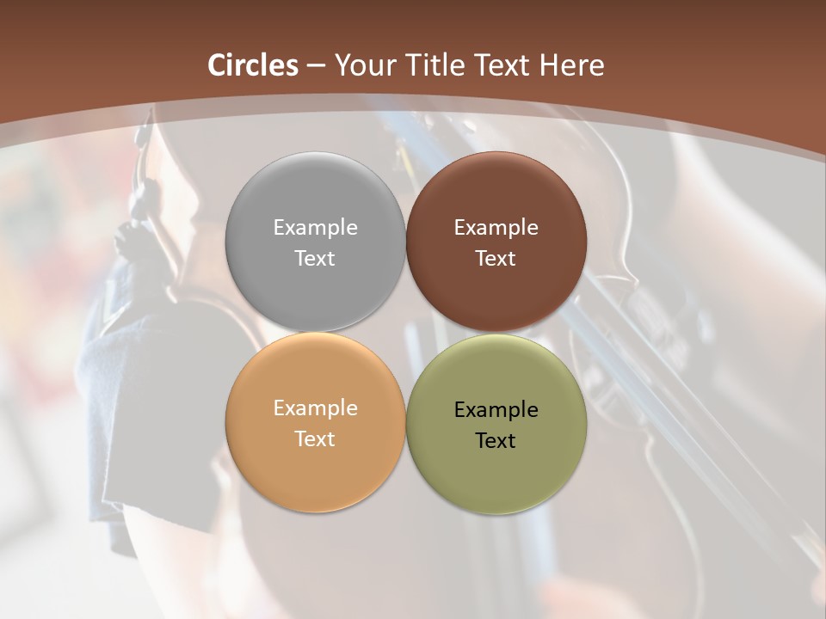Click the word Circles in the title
[x=253, y=65]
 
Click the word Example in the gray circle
[x=315, y=227]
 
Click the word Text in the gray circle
[x=315, y=258]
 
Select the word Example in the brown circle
[x=496, y=227]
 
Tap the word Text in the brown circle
[x=496, y=258]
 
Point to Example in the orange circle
[x=315, y=408]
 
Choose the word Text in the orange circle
[x=315, y=438]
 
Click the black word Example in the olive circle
[x=496, y=409]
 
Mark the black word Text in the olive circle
[x=496, y=440]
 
